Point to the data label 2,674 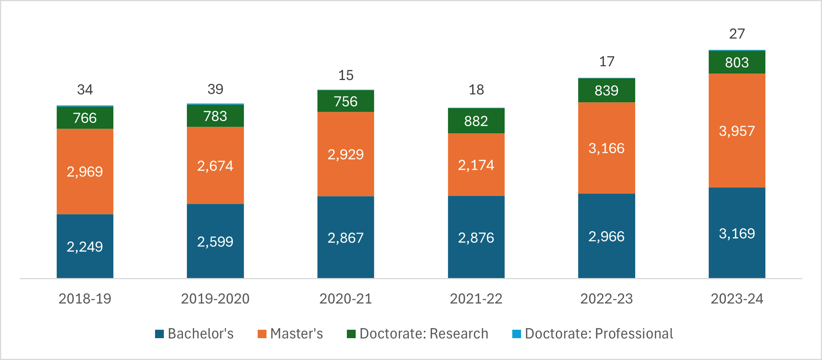215,166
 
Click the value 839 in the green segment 606,91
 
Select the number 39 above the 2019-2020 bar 215,89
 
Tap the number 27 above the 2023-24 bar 737,34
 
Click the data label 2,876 476,238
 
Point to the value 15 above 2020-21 345,75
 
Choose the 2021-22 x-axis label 476,299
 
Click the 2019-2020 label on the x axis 215,299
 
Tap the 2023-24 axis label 737,299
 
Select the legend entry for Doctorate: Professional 599,334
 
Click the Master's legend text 296,334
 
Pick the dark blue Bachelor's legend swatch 159,334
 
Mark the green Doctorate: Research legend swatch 351,334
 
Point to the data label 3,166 606,148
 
